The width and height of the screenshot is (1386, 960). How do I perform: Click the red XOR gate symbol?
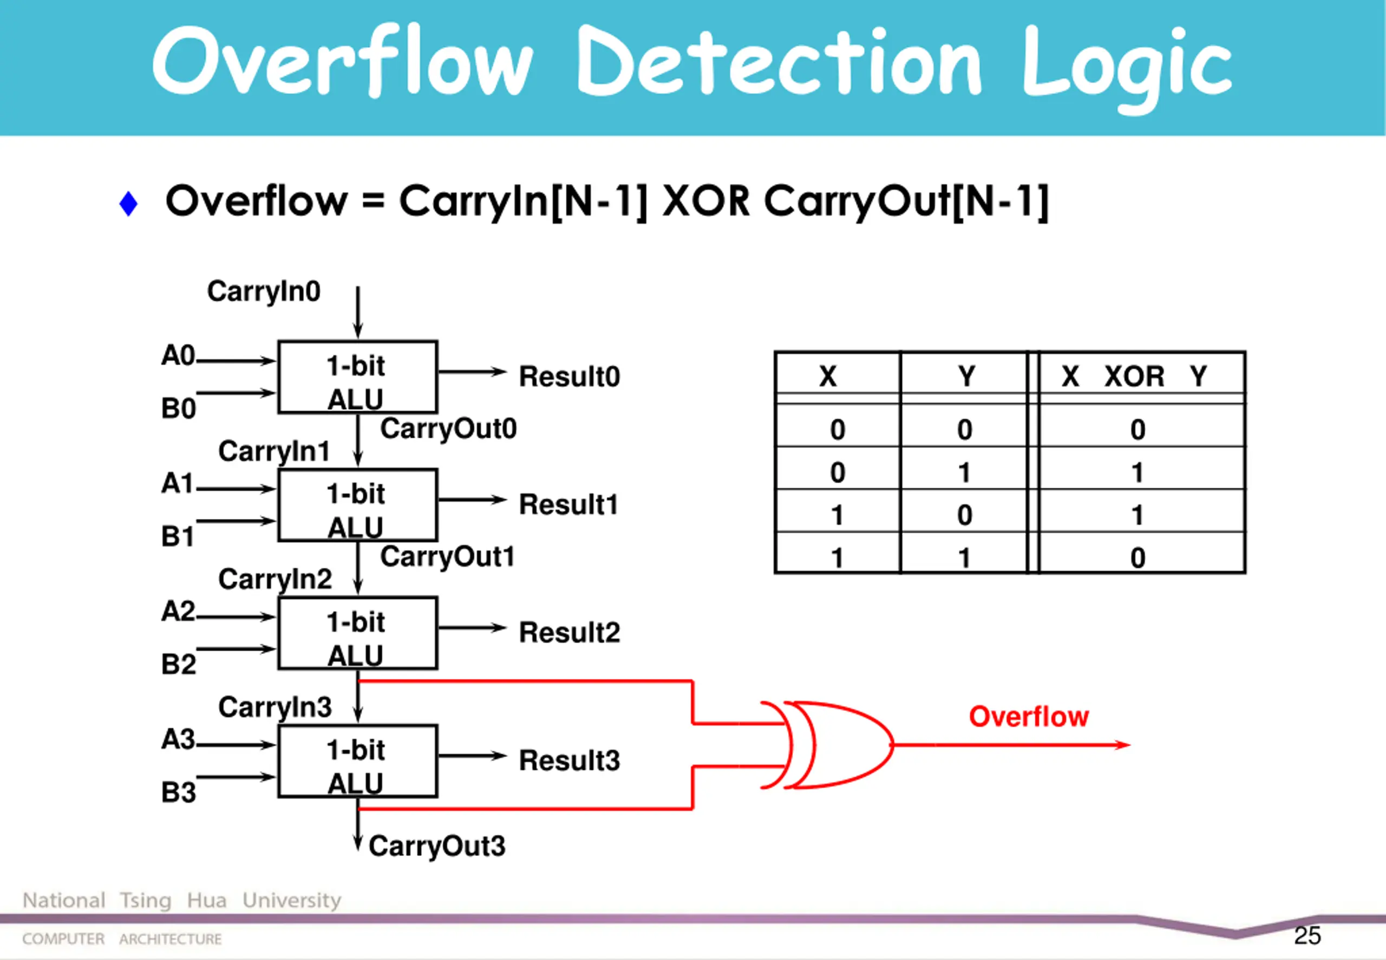[835, 745]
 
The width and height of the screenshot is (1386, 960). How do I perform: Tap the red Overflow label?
[1028, 716]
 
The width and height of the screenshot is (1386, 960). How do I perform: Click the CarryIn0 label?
[264, 291]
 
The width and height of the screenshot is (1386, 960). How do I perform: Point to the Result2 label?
[569, 633]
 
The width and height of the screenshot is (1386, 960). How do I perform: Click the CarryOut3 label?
[437, 846]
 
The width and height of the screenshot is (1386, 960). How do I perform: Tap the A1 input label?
[177, 484]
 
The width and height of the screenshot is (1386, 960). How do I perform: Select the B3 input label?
[179, 792]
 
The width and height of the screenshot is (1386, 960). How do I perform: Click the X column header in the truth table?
[828, 377]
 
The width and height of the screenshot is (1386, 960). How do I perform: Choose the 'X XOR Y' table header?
[1134, 377]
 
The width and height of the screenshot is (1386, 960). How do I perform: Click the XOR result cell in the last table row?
[1137, 557]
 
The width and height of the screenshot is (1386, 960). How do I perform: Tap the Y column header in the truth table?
[966, 377]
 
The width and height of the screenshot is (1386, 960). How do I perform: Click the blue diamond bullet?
[129, 203]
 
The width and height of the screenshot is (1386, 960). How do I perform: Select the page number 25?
[1307, 935]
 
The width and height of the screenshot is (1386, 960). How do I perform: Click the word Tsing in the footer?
[146, 900]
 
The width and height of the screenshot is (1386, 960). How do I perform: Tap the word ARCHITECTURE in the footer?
[170, 939]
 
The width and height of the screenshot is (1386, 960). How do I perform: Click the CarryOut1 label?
[447, 557]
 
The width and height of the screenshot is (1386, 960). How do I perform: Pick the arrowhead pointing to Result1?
[499, 500]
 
